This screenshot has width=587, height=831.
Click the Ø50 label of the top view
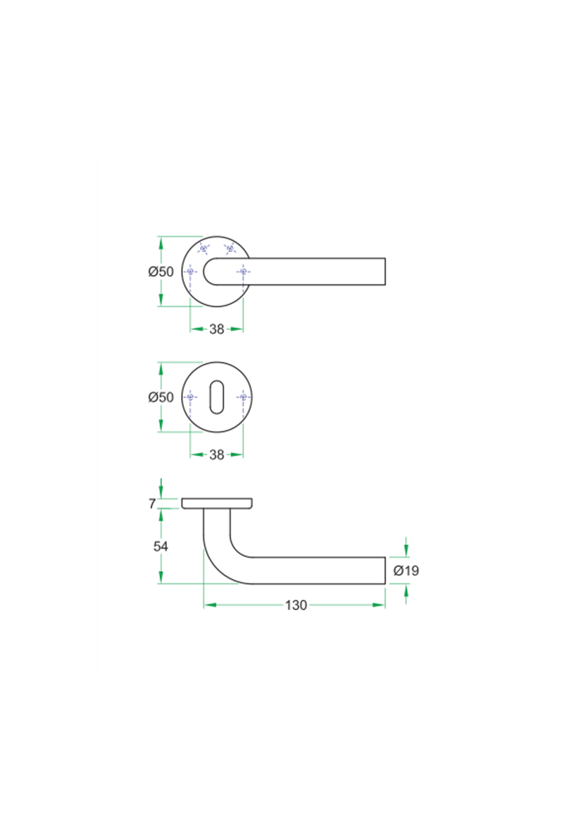161,272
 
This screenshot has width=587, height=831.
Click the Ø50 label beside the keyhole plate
161,397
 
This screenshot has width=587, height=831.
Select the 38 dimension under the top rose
217,329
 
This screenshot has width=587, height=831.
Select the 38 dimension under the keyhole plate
217,455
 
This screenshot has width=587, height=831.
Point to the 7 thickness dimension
152,504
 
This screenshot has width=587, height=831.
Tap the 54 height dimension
161,546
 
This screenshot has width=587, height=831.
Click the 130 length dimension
296,605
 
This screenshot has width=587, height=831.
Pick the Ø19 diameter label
406,571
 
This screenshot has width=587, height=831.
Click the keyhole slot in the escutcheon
218,397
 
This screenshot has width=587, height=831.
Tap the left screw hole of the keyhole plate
191,397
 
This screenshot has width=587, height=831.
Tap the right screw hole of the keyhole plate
243,397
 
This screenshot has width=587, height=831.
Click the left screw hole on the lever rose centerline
191,272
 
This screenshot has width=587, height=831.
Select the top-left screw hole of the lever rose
204,248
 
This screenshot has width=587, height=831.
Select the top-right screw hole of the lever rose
230,248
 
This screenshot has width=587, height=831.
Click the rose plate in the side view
217,503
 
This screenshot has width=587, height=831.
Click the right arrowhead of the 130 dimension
379,605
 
